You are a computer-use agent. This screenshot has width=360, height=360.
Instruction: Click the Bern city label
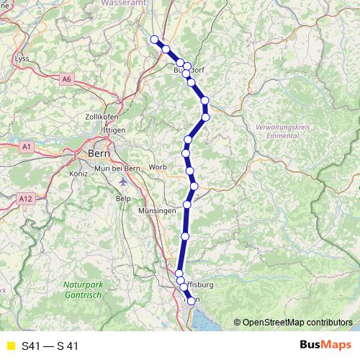97,153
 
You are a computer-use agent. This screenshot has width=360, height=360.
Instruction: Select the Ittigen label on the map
114,130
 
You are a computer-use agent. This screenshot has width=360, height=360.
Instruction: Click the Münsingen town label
156,210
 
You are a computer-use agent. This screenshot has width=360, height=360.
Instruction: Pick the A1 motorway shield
26,146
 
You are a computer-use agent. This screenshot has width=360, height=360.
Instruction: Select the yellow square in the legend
10,346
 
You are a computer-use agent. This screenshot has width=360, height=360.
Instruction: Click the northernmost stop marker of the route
154,40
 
